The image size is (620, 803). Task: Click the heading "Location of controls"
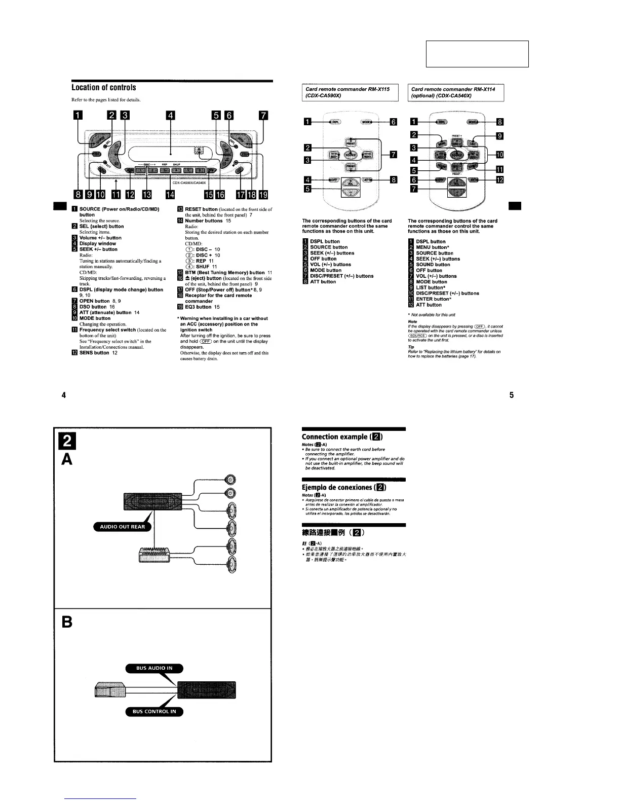click(x=104, y=88)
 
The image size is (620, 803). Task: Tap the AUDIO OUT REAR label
click(x=122, y=527)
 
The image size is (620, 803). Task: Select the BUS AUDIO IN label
click(x=154, y=668)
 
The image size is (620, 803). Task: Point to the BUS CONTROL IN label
click(x=154, y=711)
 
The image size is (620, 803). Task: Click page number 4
click(x=63, y=395)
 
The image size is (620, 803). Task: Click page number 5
click(x=512, y=395)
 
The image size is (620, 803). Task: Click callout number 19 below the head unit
click(x=263, y=194)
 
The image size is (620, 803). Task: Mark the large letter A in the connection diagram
click(x=67, y=459)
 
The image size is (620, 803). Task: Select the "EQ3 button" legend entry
click(x=198, y=307)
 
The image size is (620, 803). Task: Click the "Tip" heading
click(x=410, y=347)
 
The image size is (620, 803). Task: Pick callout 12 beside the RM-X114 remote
click(x=499, y=179)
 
